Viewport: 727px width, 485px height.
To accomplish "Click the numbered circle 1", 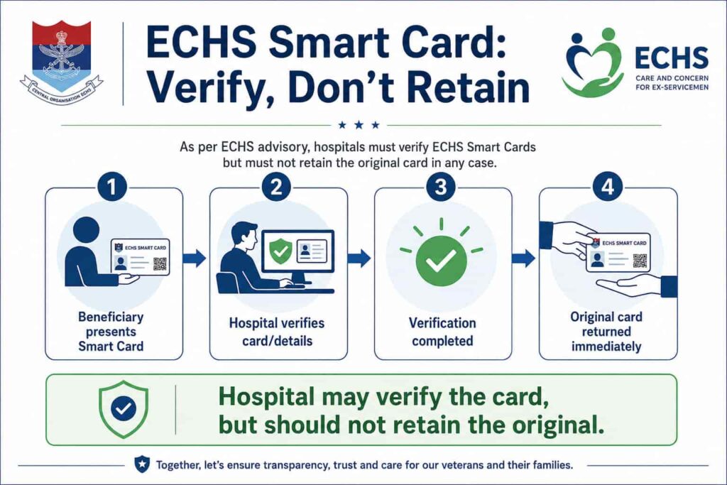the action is point(111,187).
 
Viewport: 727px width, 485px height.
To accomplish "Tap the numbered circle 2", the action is point(276,187).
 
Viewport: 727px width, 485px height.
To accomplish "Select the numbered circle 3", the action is point(441,187).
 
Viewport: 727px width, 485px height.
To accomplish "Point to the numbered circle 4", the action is point(608,187).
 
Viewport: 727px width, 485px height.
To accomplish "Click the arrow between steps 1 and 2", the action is point(195,258).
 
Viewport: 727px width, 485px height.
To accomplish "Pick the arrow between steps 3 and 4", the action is point(523,258).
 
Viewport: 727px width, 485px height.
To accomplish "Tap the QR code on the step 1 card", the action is point(160,263).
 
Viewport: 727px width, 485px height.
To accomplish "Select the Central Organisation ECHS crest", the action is point(61,62).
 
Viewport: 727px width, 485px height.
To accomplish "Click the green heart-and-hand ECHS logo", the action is point(593,62).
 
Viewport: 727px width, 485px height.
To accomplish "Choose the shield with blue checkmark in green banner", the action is point(124,409).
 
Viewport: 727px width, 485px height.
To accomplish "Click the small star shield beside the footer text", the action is point(142,464).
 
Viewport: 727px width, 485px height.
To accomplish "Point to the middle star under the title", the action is point(359,125).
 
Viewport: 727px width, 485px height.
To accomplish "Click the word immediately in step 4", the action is point(606,347).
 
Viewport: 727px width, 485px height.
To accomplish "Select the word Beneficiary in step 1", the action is point(111,317).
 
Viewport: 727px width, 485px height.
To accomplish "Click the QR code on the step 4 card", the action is point(640,261).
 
